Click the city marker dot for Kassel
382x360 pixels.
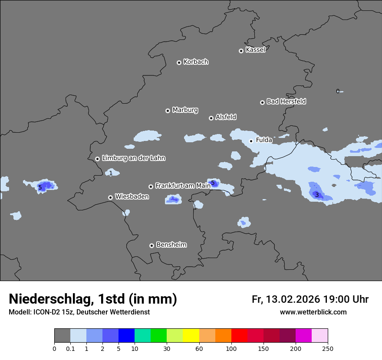click(x=241, y=51)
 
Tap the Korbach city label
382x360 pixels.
click(x=196, y=62)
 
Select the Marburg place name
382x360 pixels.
click(x=185, y=110)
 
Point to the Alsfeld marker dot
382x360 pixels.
click(x=211, y=118)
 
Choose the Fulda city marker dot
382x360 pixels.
click(x=251, y=141)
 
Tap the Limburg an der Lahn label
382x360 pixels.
click(x=133, y=158)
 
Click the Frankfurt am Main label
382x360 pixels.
click(x=183, y=186)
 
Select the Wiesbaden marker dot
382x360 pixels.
click(x=110, y=197)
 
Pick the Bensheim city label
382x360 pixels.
click(x=171, y=245)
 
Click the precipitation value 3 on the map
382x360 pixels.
click(x=317, y=195)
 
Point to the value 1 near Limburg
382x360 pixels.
click(x=111, y=173)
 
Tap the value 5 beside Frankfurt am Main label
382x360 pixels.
click(x=213, y=183)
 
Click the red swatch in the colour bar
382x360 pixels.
click(x=239, y=336)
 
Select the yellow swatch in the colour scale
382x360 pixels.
click(x=191, y=336)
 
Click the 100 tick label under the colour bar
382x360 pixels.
click(x=231, y=349)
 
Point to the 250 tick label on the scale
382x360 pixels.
click(x=328, y=349)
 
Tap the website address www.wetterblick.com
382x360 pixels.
click(x=313, y=312)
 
